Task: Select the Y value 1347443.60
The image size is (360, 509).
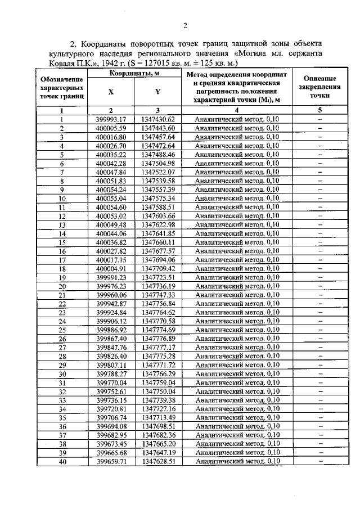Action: pyautogui.click(x=159, y=128)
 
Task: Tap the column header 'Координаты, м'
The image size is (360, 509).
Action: pyautogui.click(x=134, y=74)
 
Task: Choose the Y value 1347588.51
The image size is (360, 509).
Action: pyautogui.click(x=159, y=207)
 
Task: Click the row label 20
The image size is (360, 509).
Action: pyautogui.click(x=62, y=286)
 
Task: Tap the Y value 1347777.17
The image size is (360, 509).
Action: pyautogui.click(x=159, y=348)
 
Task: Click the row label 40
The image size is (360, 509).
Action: pyautogui.click(x=62, y=462)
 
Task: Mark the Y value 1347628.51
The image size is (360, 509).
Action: pyautogui.click(x=159, y=462)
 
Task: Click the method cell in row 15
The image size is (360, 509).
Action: pyautogui.click(x=236, y=242)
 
